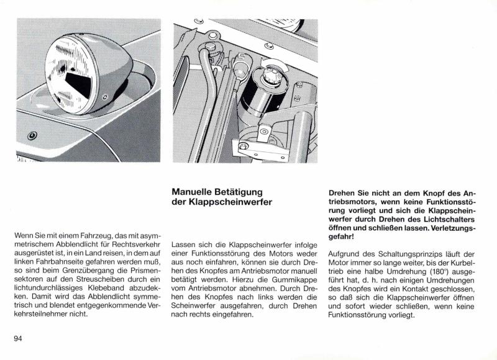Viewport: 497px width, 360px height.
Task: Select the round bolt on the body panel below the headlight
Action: (x=32, y=135)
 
